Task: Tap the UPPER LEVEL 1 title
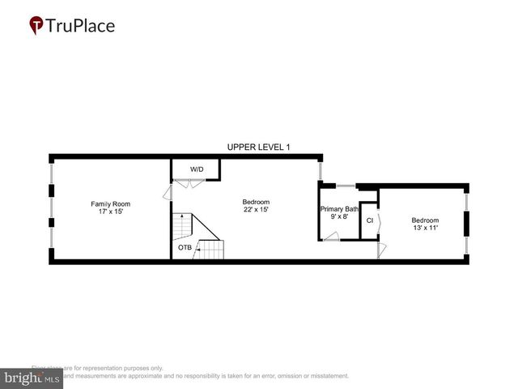258,147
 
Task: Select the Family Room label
110,203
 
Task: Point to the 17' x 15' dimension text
110,211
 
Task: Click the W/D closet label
197,169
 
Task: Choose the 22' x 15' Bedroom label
256,202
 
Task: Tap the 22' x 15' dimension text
256,209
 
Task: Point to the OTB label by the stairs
185,247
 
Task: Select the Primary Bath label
339,208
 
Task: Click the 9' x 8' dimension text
339,216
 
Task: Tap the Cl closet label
369,220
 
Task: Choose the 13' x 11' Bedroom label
425,220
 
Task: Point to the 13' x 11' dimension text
425,228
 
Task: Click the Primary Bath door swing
331,236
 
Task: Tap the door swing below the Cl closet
380,251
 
